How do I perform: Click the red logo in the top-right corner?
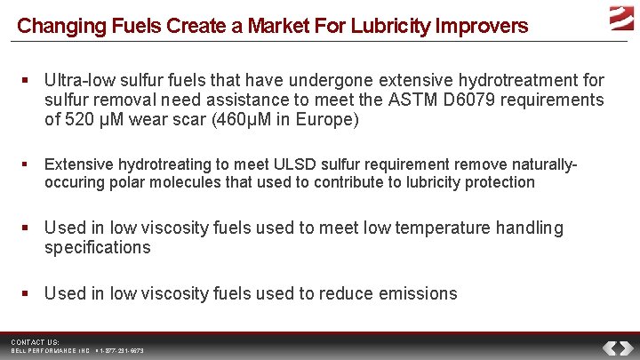click(621, 16)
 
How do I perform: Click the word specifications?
click(98, 248)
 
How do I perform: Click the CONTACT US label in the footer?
click(35, 342)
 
